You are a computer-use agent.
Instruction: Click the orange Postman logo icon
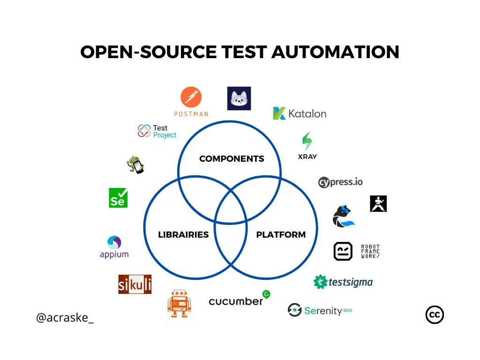pos(191,97)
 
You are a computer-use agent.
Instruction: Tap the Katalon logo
pos(300,113)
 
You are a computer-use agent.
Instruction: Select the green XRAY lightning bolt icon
pos(307,142)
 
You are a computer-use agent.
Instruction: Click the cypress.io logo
pos(340,182)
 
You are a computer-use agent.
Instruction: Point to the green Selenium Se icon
pos(118,198)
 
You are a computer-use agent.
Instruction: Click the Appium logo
pos(114,247)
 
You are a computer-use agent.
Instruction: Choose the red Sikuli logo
pos(135,284)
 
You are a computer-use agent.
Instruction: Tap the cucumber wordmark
pos(236,301)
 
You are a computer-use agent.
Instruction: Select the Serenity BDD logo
pos(320,310)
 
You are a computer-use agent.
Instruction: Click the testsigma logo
pos(343,282)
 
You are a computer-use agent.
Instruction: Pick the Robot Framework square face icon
pos(343,251)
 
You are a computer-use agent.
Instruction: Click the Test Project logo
pos(157,131)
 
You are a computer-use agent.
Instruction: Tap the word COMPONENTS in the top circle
pos(232,158)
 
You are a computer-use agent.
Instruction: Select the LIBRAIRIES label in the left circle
pos(183,234)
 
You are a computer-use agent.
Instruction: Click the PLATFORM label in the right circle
pos(281,234)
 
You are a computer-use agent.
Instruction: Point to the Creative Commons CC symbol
pos(435,315)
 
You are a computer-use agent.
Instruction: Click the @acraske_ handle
pos(65,317)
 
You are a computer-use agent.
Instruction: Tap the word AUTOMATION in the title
pos(335,52)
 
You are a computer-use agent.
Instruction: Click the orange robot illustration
pos(179,303)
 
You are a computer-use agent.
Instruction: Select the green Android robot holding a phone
pos(135,165)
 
